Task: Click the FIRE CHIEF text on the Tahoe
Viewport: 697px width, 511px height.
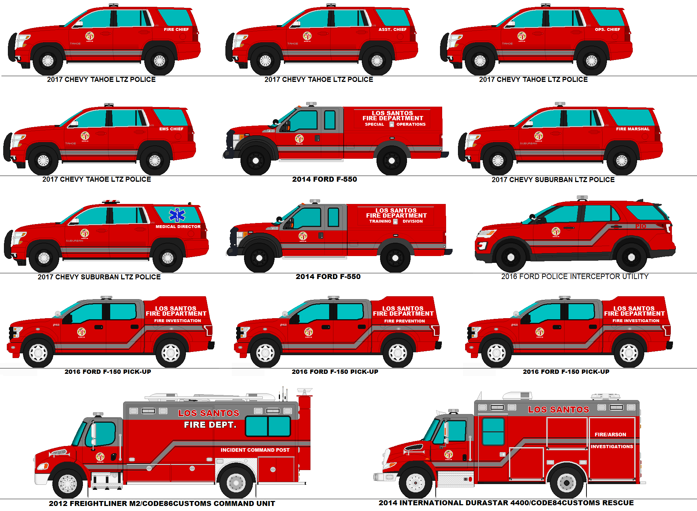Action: tap(176, 29)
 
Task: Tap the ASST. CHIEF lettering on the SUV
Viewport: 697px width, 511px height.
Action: tap(392, 29)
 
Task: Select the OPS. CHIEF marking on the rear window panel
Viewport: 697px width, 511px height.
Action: tap(607, 29)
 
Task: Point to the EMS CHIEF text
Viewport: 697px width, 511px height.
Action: tap(171, 129)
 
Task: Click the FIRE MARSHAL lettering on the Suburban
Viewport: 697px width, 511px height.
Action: tap(633, 129)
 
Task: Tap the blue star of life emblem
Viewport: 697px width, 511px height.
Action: tap(177, 215)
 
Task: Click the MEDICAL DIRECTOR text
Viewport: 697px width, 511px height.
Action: tap(178, 227)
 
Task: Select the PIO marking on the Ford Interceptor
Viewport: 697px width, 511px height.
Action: tap(641, 226)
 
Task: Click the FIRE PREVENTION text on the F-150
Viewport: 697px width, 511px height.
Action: tap(404, 321)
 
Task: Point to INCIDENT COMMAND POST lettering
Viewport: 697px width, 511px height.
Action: tap(255, 450)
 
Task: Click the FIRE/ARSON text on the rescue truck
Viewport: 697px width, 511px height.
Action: tap(610, 435)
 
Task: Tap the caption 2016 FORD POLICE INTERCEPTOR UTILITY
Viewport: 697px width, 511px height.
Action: tap(575, 277)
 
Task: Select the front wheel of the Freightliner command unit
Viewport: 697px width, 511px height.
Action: tap(67, 483)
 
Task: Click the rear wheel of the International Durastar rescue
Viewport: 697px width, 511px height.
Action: tap(566, 483)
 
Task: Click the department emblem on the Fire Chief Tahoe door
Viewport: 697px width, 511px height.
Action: tap(90, 36)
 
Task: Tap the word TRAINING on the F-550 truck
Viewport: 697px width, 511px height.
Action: tap(380, 221)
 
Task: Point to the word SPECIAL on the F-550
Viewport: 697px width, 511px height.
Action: tap(374, 124)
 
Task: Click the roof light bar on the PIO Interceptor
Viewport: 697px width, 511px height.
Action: tap(582, 198)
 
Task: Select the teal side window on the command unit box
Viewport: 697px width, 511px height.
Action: tap(268, 426)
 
